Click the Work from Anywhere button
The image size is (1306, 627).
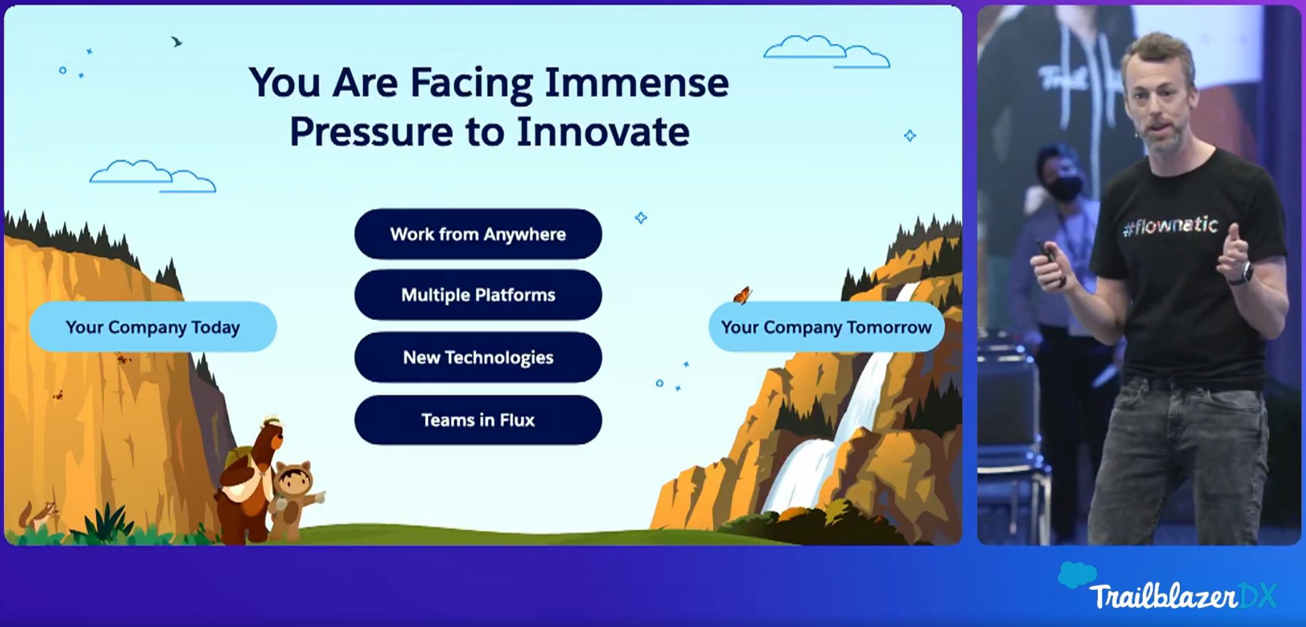[x=478, y=234]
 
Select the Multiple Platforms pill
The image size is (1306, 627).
[x=478, y=295]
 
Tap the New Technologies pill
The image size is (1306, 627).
[x=478, y=357]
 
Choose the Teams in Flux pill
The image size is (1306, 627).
[x=478, y=420]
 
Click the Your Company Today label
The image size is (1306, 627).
[x=153, y=327]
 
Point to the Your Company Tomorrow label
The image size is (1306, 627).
[x=826, y=327]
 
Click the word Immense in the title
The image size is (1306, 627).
[x=637, y=83]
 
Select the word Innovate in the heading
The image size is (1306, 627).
[x=603, y=132]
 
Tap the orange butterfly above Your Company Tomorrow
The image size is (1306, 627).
[x=742, y=295]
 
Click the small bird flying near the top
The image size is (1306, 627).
[x=177, y=42]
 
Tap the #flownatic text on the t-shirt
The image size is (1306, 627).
[x=1170, y=226]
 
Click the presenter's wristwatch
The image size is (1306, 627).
[x=1241, y=274]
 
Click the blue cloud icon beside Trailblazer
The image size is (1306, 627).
[x=1077, y=575]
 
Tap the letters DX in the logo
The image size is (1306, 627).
[x=1258, y=596]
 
